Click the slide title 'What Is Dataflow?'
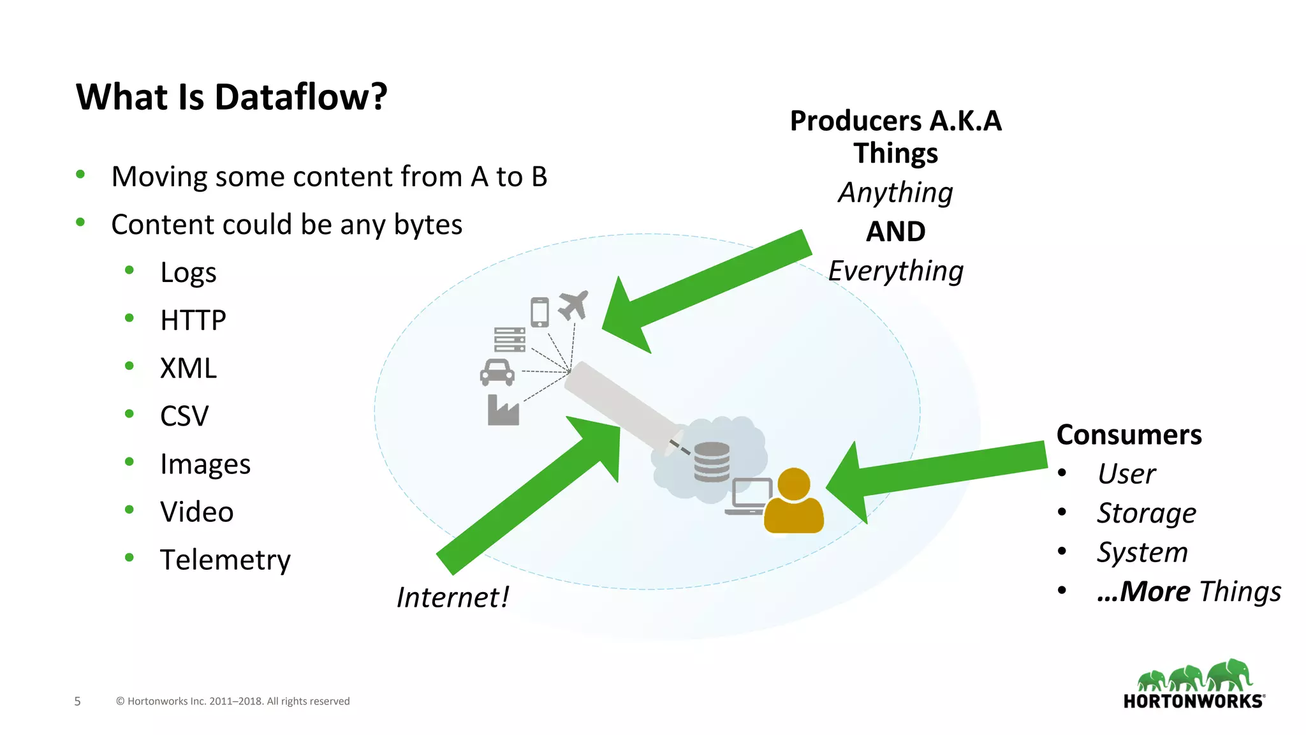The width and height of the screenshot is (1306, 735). [231, 97]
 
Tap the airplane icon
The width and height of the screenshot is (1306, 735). [573, 305]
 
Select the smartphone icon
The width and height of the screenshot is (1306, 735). [539, 312]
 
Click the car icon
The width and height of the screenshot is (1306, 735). [497, 373]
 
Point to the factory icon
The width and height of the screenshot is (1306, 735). [503, 410]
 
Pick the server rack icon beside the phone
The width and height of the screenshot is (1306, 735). [510, 339]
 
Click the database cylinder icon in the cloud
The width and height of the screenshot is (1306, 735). [712, 462]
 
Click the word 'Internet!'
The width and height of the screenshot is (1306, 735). [452, 598]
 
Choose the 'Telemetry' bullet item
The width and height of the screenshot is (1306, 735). [225, 560]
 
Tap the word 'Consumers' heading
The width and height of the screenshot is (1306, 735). [1129, 435]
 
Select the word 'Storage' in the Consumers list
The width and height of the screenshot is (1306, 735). [1146, 513]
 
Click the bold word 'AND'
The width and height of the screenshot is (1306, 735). [895, 232]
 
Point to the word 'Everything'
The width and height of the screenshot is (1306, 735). [895, 271]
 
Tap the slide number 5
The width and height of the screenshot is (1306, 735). [78, 701]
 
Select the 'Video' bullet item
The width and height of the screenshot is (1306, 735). [196, 512]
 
